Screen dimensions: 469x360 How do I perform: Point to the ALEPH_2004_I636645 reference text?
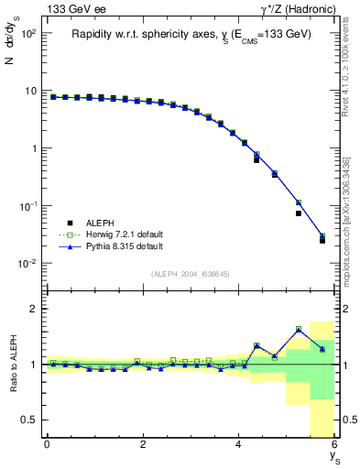point(190,273)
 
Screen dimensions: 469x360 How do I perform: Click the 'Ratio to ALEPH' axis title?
point(12,365)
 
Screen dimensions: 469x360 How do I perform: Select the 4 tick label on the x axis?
point(238,444)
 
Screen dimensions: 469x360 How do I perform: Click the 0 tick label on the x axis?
point(47,444)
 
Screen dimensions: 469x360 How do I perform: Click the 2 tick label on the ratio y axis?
point(32,309)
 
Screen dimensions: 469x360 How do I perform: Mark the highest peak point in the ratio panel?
point(299,329)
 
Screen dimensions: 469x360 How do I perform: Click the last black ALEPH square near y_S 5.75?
point(322,240)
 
